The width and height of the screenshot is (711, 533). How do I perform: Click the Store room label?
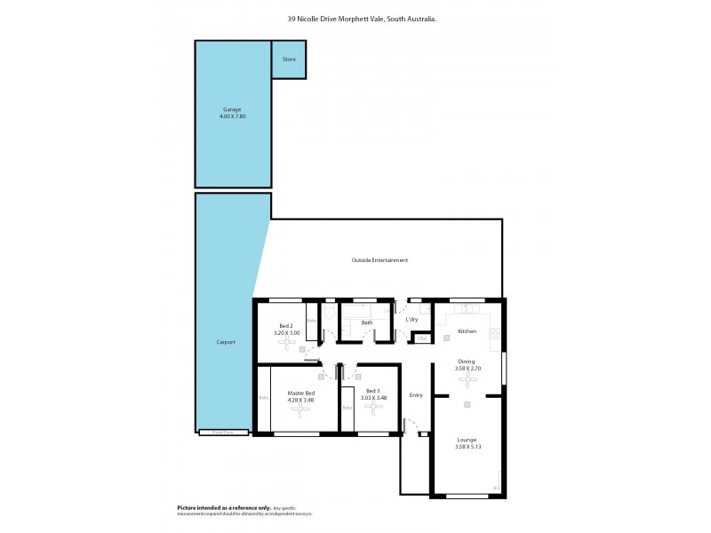pos(289,60)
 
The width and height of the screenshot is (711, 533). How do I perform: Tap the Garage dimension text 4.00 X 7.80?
pos(232,116)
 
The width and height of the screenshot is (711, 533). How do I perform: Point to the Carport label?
pos(226,341)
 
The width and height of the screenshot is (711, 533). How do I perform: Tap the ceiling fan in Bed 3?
pos(372,410)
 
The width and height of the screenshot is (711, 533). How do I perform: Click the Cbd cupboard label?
pos(422,338)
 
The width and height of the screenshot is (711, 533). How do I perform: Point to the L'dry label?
pos(411,319)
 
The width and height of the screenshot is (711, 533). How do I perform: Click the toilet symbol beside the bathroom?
pos(329,314)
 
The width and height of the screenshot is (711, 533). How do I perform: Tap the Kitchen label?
pos(467,331)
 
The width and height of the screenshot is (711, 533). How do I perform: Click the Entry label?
pos(415,394)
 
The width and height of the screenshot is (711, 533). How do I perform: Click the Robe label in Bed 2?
pos(312,321)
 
